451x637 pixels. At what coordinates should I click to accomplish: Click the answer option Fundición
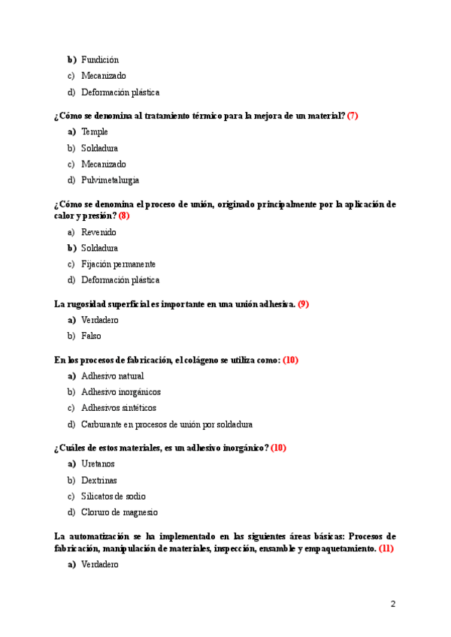pos(100,59)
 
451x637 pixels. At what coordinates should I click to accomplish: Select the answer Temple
pos(95,131)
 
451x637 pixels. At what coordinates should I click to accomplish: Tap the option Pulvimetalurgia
pos(110,180)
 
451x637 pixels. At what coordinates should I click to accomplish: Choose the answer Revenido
pos(98,232)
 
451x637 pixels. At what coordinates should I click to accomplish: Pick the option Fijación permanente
pos(118,264)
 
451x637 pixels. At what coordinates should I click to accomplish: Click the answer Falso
pos(91,336)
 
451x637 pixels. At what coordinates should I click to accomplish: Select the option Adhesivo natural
pos(112,376)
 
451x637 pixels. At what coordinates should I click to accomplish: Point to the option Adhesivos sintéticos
pos(118,408)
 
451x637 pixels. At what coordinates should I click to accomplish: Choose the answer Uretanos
pos(98,464)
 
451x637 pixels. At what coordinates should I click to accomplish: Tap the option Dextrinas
pos(99,480)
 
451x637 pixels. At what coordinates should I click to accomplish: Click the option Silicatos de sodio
pos(113,497)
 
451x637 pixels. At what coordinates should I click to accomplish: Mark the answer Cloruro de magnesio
pos(119,512)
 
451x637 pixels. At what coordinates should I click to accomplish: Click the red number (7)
pos(353,116)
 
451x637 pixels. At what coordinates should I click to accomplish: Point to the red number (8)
pos(124,216)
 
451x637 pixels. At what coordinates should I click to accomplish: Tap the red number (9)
pos(304,304)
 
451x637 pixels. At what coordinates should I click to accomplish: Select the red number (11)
pos(386,548)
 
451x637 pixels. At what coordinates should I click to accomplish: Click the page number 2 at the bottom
pos(393,604)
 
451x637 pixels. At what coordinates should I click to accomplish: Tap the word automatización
pos(106,536)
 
